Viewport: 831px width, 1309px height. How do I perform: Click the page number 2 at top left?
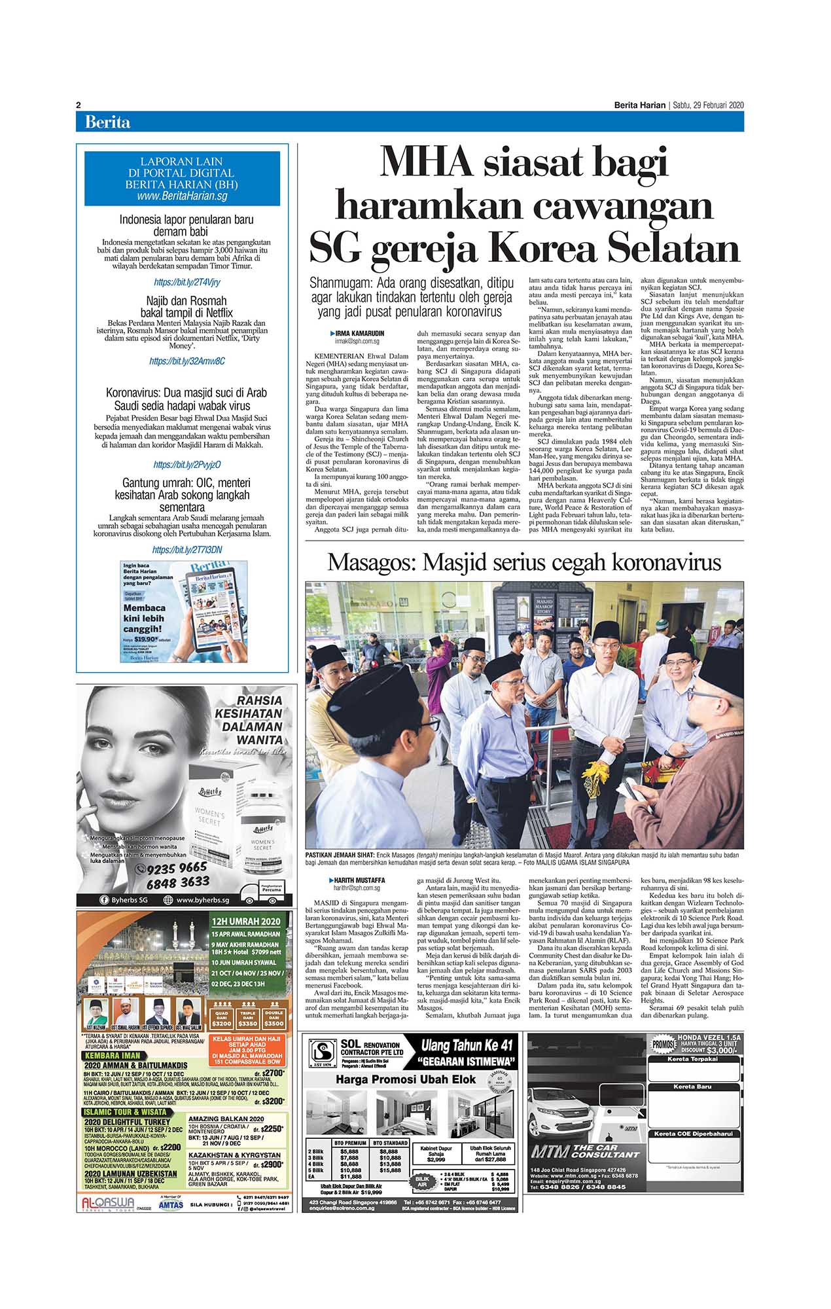(79, 105)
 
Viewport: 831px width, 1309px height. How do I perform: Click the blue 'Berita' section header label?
(107, 122)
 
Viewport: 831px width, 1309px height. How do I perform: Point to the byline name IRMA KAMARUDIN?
(361, 334)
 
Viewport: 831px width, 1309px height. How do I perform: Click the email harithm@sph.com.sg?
(357, 888)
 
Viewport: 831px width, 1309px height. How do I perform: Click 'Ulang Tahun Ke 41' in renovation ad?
(467, 1045)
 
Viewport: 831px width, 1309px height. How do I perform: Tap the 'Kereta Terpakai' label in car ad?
(695, 1058)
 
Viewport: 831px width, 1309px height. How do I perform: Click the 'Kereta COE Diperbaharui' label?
(695, 1134)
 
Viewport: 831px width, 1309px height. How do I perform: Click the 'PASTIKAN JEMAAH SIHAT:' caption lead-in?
(340, 855)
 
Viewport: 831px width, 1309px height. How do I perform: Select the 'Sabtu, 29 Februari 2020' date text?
(709, 105)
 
